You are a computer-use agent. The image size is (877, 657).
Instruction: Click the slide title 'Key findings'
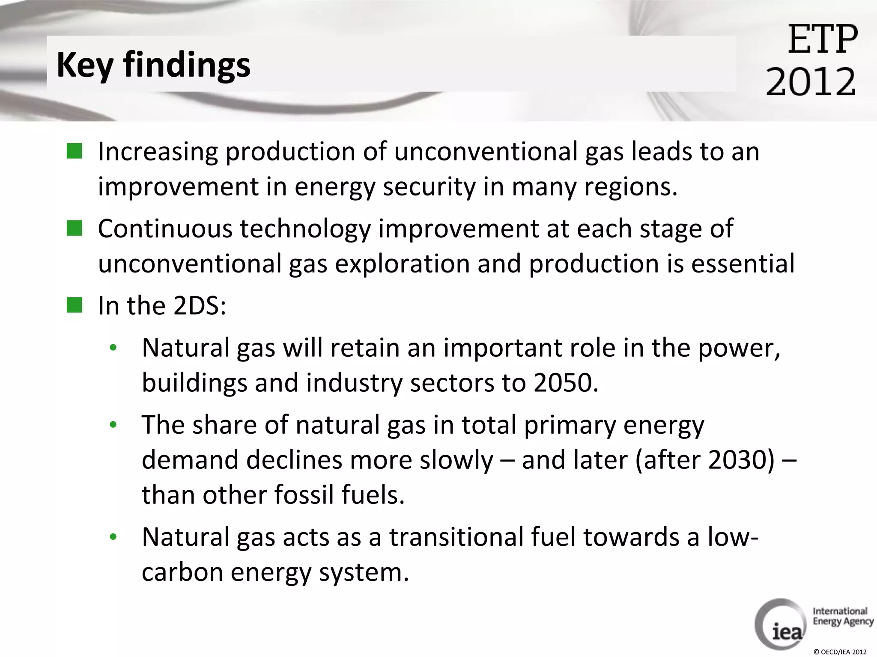(x=153, y=65)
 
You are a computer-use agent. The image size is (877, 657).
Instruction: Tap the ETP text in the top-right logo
(x=823, y=39)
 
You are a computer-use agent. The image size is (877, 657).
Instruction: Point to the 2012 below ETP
(x=811, y=81)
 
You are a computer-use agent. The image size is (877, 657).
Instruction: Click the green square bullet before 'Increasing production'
(x=74, y=151)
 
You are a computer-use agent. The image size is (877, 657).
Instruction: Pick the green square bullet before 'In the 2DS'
(x=74, y=305)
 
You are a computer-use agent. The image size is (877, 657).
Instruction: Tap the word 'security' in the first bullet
(x=429, y=187)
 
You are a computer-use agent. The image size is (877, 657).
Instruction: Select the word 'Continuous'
(x=165, y=228)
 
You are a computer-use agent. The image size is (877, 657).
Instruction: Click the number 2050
(x=565, y=382)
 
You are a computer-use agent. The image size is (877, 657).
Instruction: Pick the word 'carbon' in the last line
(x=183, y=572)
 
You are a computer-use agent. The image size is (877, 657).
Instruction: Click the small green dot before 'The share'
(x=113, y=425)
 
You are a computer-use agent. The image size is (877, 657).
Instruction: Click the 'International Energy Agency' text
(x=843, y=616)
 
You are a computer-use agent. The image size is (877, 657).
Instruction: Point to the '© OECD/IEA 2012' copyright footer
(x=840, y=652)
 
